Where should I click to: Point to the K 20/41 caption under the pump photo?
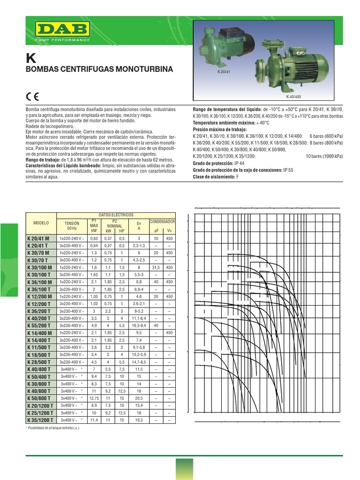click(225, 72)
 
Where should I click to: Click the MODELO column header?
click(41, 223)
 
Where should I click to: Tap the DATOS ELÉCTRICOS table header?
click(116, 214)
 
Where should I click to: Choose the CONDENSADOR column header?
click(162, 221)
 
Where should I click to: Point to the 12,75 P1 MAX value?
click(94, 398)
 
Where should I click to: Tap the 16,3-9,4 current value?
click(139, 325)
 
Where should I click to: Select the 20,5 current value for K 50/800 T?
click(139, 398)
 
